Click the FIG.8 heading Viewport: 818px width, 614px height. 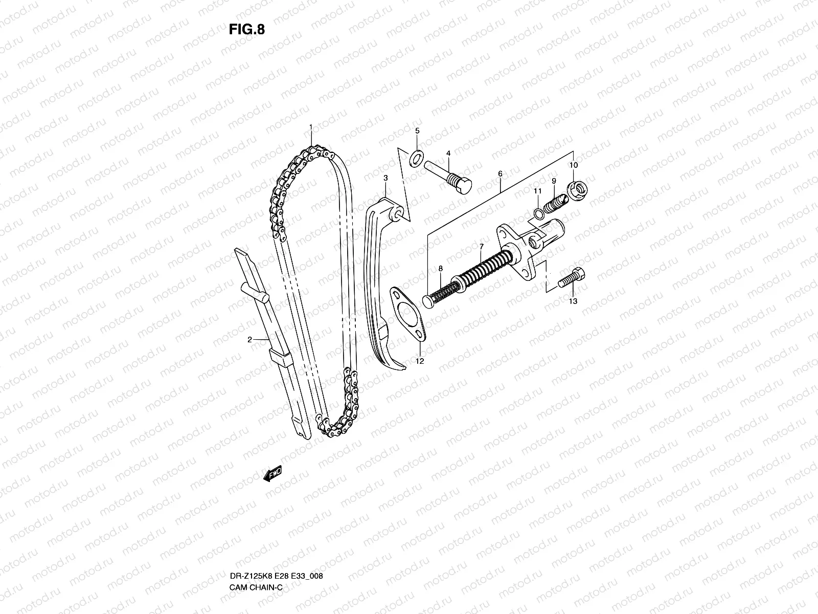pos(246,29)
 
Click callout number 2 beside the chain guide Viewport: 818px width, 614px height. pos(250,339)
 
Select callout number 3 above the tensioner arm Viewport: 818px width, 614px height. pos(386,178)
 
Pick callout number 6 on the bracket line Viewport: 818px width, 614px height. pos(500,174)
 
